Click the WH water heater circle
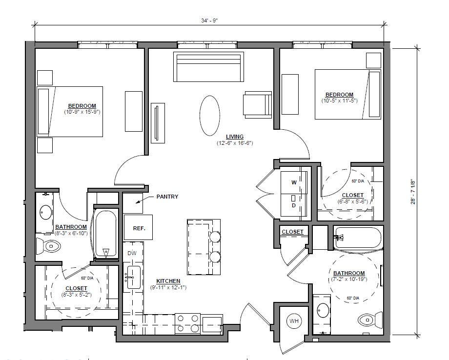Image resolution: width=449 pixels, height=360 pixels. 294,321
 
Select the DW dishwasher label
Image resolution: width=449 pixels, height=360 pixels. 132,253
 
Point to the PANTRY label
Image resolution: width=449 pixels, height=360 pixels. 167,197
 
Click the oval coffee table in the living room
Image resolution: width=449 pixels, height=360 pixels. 209,115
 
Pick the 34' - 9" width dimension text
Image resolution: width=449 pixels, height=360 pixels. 209,20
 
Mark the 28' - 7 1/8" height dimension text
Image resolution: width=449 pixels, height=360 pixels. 413,192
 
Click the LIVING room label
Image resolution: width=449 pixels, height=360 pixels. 235,137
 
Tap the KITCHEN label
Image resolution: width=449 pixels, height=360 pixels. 168,281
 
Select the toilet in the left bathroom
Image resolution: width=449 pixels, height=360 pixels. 48,246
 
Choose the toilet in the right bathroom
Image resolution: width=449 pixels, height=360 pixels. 370,320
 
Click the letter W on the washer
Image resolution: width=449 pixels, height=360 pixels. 294,182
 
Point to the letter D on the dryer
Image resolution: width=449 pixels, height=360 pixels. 294,205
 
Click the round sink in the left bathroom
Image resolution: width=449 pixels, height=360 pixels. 45,212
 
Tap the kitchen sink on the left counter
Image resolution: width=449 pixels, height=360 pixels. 133,277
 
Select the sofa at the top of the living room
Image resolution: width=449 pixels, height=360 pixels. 208,67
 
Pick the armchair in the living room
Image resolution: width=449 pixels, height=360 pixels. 257,104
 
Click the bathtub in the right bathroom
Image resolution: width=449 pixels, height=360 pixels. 358,238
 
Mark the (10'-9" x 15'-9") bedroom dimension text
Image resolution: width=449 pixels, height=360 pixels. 82,112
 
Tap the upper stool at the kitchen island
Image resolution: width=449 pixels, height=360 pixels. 215,237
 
